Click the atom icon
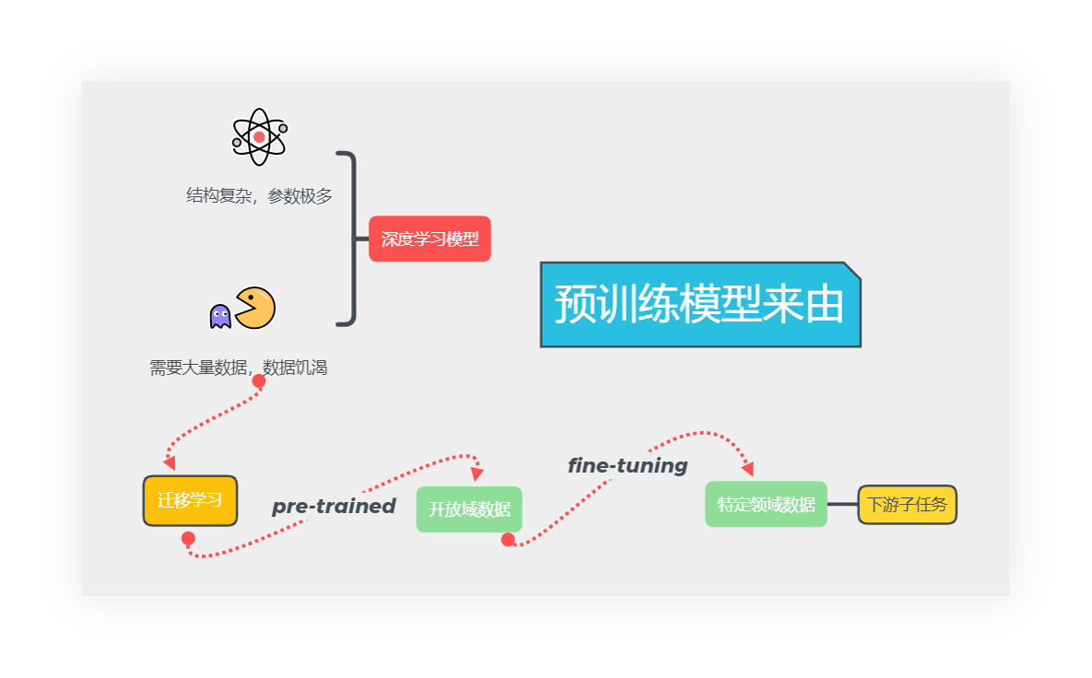(x=259, y=137)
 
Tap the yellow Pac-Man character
(x=254, y=308)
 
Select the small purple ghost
(x=220, y=316)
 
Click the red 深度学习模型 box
(x=429, y=239)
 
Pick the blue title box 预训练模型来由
(x=699, y=305)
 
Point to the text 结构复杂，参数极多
(x=259, y=196)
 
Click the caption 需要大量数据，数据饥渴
(x=239, y=368)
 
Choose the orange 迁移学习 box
(x=190, y=500)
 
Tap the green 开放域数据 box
(x=469, y=508)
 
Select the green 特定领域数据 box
(x=766, y=504)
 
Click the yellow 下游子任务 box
(x=907, y=504)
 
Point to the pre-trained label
(x=334, y=506)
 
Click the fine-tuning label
(x=628, y=465)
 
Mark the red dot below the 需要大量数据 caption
(x=259, y=381)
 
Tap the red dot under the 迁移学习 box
(x=188, y=538)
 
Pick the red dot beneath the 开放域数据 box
(x=508, y=540)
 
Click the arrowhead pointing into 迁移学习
(x=170, y=462)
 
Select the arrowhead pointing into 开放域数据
(x=477, y=473)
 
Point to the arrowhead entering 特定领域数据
(x=747, y=469)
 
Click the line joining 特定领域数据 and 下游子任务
(x=842, y=504)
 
